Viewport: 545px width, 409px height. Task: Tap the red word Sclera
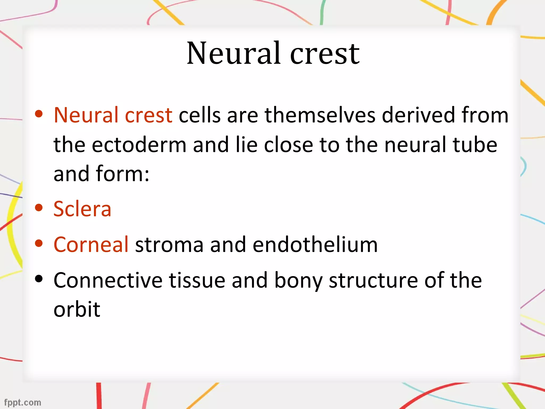click(82, 209)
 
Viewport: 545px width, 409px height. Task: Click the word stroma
click(169, 245)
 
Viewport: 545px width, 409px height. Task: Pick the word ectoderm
click(139, 145)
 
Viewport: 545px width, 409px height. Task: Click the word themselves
click(320, 115)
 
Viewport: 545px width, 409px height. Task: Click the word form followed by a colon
click(122, 174)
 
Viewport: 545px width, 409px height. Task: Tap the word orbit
click(77, 309)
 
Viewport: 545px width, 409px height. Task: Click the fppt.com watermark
click(23, 402)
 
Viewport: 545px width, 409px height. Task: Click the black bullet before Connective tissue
click(39, 279)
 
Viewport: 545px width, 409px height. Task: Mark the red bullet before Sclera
click(39, 207)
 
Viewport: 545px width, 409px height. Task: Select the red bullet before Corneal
click(39, 243)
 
